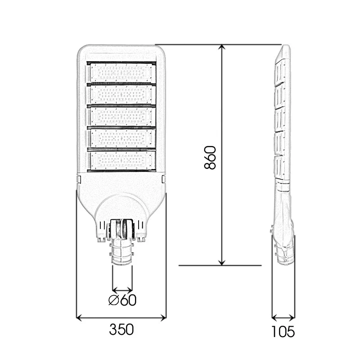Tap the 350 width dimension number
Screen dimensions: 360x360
[121, 330]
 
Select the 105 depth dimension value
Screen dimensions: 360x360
[283, 332]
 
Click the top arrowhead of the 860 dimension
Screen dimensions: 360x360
[221, 48]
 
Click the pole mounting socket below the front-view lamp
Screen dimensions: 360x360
[122, 254]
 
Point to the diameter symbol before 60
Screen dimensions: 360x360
[114, 300]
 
